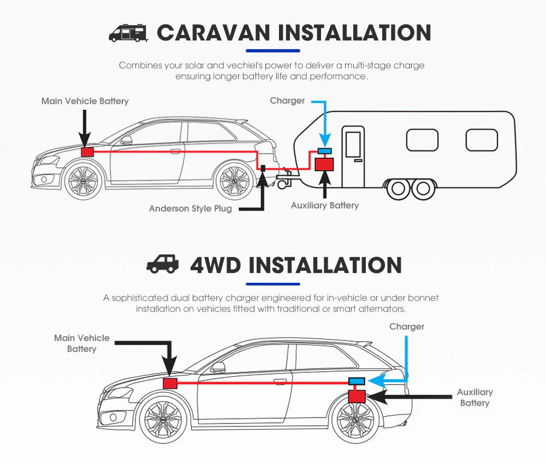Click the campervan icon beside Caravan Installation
pyautogui.click(x=128, y=32)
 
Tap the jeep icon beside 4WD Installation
pyautogui.click(x=162, y=264)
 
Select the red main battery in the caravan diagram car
pyautogui.click(x=86, y=152)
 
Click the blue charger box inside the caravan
pyautogui.click(x=325, y=151)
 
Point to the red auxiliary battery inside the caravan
pyautogui.click(x=325, y=163)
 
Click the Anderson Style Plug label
pyautogui.click(x=190, y=209)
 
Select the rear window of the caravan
pyautogui.click(x=481, y=140)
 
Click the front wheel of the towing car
pyautogui.click(x=83, y=181)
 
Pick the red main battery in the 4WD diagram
pyautogui.click(x=170, y=383)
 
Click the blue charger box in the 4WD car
pyautogui.click(x=357, y=380)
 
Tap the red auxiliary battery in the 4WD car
pyautogui.click(x=358, y=395)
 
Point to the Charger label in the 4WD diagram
pyautogui.click(x=406, y=326)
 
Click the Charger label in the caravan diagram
pyautogui.click(x=287, y=100)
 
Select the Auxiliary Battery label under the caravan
pyautogui.click(x=324, y=205)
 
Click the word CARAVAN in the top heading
pyautogui.click(x=213, y=32)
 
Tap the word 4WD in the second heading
pyautogui.click(x=215, y=265)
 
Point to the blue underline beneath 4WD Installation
pyautogui.click(x=272, y=284)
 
